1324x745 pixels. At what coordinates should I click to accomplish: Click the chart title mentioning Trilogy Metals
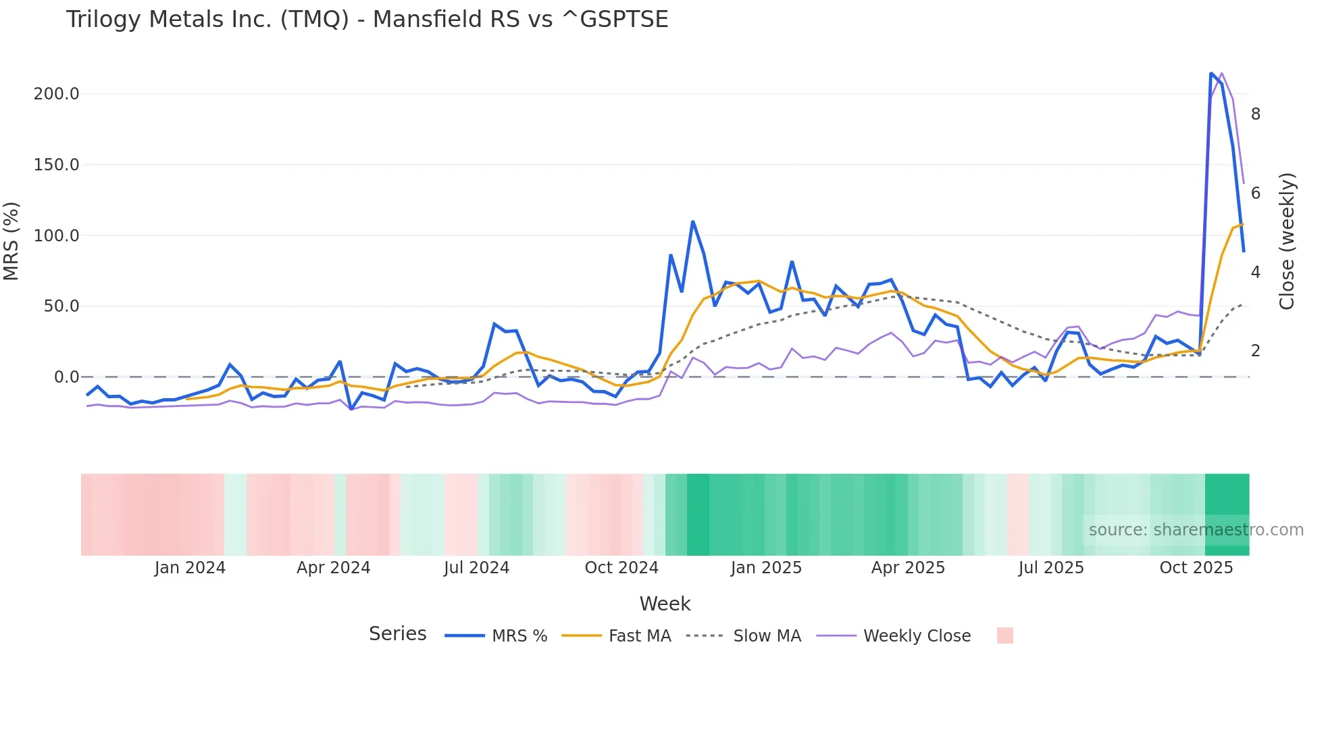point(367,20)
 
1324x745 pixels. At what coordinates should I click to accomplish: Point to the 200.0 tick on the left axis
point(56,94)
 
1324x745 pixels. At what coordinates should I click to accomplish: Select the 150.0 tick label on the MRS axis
point(56,165)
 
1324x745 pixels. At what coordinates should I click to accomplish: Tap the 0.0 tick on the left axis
point(66,377)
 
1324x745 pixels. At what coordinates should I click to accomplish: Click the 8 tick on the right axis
point(1255,114)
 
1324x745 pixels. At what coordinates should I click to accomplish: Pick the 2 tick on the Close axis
point(1255,351)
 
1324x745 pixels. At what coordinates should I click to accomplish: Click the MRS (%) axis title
point(11,241)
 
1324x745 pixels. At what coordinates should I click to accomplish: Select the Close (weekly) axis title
point(1287,241)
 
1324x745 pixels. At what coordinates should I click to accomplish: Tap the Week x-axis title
point(665,604)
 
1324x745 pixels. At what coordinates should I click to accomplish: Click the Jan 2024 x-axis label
point(190,568)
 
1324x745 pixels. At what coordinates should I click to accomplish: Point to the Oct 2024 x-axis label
point(621,568)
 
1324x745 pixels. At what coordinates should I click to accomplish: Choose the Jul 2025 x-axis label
point(1051,568)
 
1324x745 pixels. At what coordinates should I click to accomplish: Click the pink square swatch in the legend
point(1004,635)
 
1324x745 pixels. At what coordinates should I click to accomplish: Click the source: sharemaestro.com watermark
point(1196,530)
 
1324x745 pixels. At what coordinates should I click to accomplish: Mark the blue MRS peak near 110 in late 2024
point(693,222)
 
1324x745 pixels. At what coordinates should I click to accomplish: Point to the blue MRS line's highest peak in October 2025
point(1211,73)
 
